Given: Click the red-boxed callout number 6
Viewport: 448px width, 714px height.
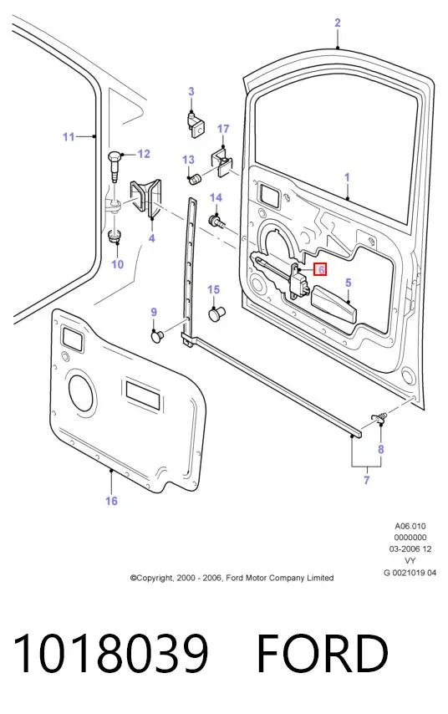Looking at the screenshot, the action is [320, 269].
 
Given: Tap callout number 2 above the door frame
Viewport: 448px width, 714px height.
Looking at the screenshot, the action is [337, 23].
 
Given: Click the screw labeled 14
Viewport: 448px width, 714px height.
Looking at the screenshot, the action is [216, 222].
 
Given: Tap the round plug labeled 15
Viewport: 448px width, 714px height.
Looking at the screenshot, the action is [216, 314].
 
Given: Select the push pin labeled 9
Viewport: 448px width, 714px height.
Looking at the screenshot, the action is [157, 336].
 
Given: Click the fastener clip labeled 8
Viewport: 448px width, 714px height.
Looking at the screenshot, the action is [380, 417].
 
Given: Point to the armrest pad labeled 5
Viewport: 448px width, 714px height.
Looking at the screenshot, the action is [334, 304].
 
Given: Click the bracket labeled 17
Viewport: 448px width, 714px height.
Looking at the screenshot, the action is [221, 161].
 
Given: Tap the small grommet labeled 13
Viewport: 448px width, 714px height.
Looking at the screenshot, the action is [195, 178].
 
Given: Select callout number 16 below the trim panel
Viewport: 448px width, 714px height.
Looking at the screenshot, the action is [111, 501].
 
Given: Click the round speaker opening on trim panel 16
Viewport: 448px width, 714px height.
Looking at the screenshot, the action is [82, 392].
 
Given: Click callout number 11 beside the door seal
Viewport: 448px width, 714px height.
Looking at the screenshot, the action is [69, 136].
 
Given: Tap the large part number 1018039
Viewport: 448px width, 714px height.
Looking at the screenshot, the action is [110, 653].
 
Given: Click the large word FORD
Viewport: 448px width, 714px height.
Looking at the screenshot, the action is [323, 653].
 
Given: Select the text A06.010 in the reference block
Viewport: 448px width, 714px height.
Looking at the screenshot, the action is [410, 526].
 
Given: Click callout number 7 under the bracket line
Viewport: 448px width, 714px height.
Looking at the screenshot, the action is [366, 480].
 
